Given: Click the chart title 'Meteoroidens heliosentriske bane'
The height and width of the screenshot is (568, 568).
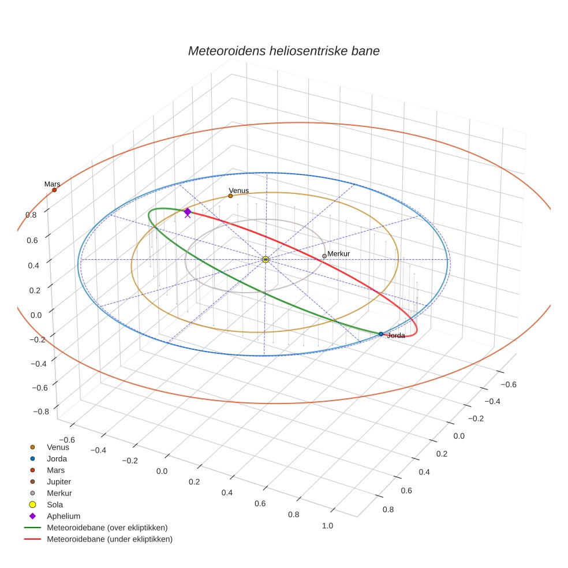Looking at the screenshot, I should pyautogui.click(x=283, y=51).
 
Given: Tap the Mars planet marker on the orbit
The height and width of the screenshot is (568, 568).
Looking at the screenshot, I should pyautogui.click(x=54, y=190).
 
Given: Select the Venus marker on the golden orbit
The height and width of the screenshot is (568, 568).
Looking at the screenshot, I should pyautogui.click(x=230, y=196).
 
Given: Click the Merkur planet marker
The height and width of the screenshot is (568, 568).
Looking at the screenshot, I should pyautogui.click(x=324, y=256).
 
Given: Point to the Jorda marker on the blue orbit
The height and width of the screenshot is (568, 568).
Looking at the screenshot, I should pyautogui.click(x=381, y=334).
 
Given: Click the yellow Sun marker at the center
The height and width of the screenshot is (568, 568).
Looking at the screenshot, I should pyautogui.click(x=265, y=260).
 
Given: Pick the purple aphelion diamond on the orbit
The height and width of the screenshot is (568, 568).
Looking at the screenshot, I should pyautogui.click(x=188, y=212).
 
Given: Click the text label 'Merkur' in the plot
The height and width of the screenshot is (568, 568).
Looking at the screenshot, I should pyautogui.click(x=339, y=253).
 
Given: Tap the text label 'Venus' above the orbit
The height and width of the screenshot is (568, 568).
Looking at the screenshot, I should pyautogui.click(x=238, y=190).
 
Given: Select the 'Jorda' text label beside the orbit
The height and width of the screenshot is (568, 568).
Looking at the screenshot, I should pyautogui.click(x=396, y=335).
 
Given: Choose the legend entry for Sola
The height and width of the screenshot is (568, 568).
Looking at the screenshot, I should pyautogui.click(x=55, y=505).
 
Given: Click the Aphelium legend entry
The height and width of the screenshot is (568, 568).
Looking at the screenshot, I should pyautogui.click(x=63, y=516).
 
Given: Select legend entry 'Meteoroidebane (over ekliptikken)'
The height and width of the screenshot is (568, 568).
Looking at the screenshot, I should pyautogui.click(x=107, y=528).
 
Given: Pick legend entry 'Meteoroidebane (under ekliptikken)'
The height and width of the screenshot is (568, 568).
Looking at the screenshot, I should pyautogui.click(x=110, y=539).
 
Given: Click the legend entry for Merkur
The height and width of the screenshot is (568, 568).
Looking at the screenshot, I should pyautogui.click(x=59, y=493).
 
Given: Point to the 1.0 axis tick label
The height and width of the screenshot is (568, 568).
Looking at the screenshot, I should pyautogui.click(x=328, y=525).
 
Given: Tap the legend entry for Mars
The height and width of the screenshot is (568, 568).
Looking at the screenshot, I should pyautogui.click(x=56, y=470).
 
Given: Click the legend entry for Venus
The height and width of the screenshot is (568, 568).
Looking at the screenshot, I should pyautogui.click(x=58, y=447).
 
